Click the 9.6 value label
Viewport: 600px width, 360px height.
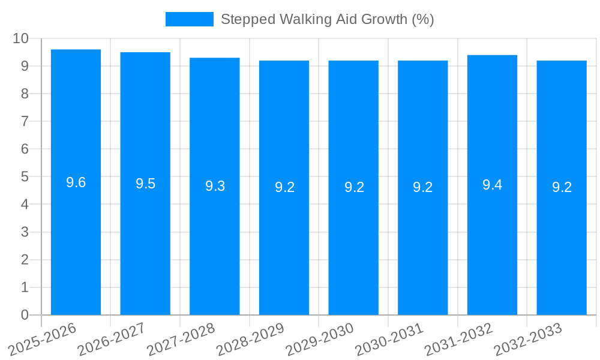(x=76, y=182)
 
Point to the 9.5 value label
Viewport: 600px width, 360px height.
(x=145, y=184)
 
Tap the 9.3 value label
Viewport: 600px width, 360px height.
(x=215, y=186)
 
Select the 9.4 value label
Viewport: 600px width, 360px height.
(x=492, y=185)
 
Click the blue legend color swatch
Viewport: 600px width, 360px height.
(x=189, y=19)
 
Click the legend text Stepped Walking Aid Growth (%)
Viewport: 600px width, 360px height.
(x=327, y=19)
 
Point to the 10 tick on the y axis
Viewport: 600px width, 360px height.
(x=21, y=38)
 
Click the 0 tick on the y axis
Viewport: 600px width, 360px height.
(x=25, y=315)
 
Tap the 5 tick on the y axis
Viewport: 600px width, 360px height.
(x=25, y=177)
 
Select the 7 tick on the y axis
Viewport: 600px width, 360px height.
(x=25, y=121)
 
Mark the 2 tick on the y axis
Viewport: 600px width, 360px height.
(x=25, y=260)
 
